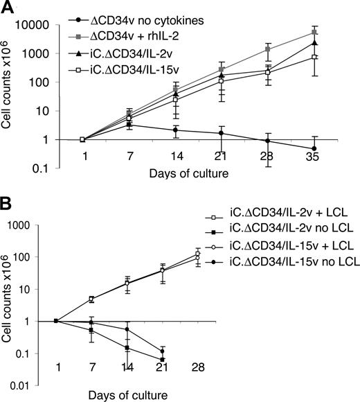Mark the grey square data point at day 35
(x=315, y=33)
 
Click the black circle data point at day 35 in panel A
(x=315, y=148)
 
